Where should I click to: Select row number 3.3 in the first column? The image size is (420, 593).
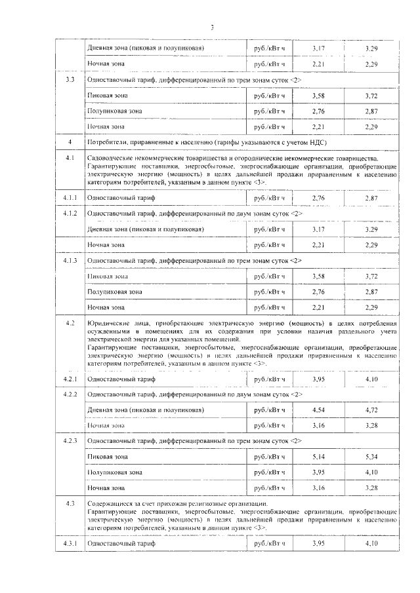pos(70,79)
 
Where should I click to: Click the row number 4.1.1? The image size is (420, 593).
pos(70,197)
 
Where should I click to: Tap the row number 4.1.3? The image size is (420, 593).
pos(70,260)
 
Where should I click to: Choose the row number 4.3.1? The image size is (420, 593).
pos(70,544)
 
